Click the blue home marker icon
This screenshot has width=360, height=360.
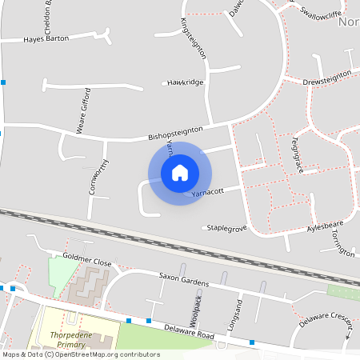coord(180,173)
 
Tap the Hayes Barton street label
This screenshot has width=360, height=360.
coord(46,38)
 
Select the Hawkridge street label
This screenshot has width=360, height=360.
coord(185,82)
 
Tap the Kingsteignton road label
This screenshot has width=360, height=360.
coord(194,38)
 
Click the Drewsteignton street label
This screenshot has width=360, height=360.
coord(327,78)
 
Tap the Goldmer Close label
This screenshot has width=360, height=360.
coord(87,262)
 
